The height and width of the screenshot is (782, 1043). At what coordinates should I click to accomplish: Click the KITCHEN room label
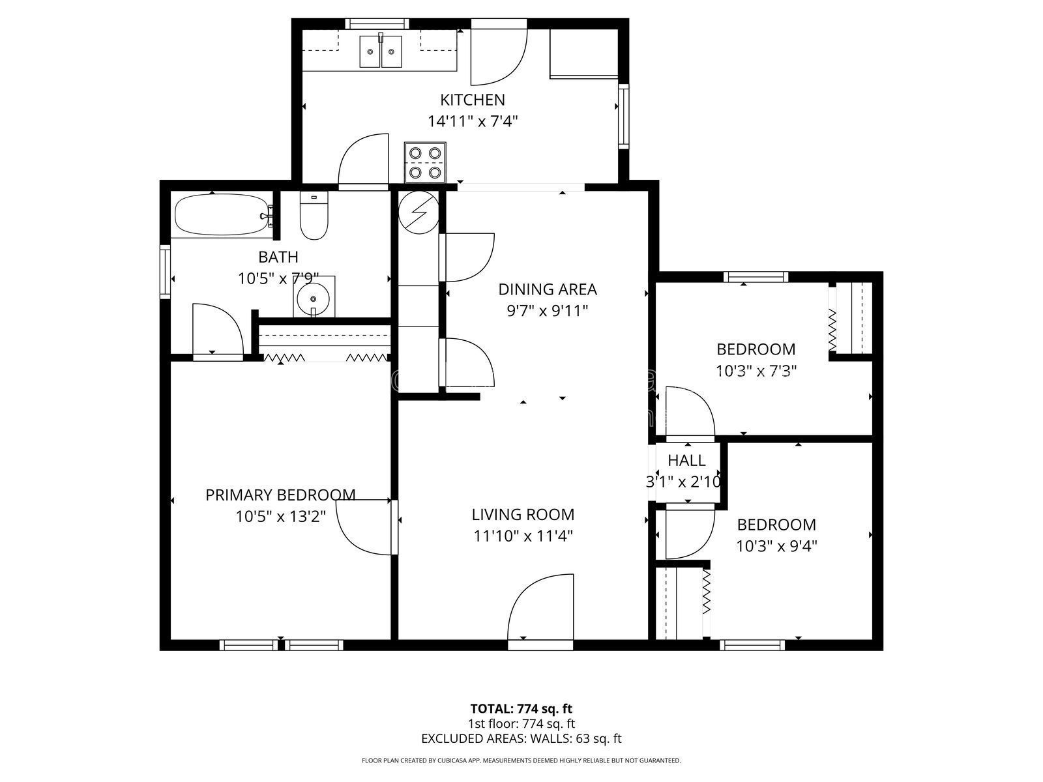(x=473, y=100)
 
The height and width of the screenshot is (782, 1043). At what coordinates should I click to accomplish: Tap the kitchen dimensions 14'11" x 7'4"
(x=473, y=122)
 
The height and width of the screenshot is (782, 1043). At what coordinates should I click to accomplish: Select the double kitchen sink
(x=380, y=51)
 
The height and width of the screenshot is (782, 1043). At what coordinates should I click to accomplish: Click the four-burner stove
(x=425, y=162)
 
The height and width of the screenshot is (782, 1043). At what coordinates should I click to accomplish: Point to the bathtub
(x=224, y=216)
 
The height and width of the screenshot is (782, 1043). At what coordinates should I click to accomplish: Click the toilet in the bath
(x=314, y=216)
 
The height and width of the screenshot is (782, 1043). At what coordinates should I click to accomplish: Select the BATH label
(x=278, y=257)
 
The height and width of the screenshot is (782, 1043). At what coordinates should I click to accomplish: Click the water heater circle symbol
(x=419, y=212)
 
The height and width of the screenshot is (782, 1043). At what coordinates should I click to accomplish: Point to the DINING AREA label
(x=548, y=289)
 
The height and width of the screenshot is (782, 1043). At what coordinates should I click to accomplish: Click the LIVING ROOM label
(x=523, y=515)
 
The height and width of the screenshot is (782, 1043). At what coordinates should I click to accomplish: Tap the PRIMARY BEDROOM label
(x=280, y=495)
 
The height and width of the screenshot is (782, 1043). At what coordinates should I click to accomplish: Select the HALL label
(x=686, y=460)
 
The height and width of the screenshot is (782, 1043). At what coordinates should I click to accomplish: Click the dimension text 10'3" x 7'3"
(x=756, y=371)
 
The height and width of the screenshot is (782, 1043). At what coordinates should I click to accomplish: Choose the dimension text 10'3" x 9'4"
(x=776, y=547)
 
